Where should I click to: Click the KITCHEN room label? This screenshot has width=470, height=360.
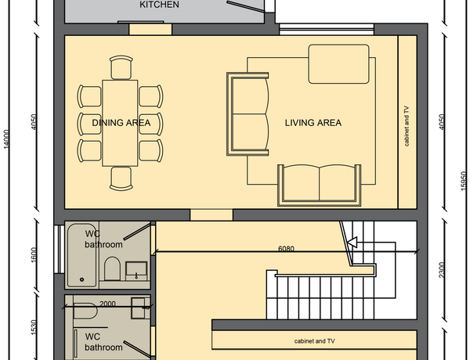(160, 5)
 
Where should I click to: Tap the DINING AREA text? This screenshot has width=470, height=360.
(121, 123)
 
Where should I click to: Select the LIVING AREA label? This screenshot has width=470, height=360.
(313, 123)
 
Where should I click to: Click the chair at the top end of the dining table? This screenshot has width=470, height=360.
(121, 67)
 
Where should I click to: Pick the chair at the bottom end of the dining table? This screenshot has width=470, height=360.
(121, 178)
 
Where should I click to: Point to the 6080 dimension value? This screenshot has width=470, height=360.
(286, 249)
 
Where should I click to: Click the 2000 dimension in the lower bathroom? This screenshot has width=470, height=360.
(107, 304)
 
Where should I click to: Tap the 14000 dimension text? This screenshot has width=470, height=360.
(6, 139)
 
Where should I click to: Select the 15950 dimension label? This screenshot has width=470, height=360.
(464, 181)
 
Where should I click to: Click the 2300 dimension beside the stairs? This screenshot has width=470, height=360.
(442, 270)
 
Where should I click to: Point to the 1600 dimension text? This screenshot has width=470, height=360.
(34, 255)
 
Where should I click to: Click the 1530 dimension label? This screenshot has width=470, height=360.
(34, 328)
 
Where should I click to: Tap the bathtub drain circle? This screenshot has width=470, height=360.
(81, 279)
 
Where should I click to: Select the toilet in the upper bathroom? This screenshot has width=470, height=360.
(112, 268)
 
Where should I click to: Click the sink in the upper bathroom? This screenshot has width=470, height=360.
(136, 271)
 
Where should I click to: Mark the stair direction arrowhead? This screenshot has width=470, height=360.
(352, 242)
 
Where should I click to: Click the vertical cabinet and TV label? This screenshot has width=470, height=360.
(407, 126)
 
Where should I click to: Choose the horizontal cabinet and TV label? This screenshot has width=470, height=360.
(314, 341)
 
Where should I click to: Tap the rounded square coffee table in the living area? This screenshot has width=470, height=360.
(338, 64)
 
